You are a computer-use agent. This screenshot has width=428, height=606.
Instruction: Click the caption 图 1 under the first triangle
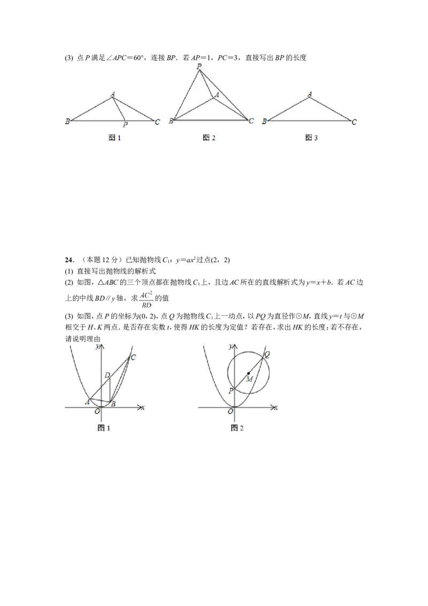(x=114, y=138)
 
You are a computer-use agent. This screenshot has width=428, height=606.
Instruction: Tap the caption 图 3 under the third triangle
(x=311, y=138)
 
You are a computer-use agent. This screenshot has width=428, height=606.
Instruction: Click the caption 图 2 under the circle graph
(x=237, y=428)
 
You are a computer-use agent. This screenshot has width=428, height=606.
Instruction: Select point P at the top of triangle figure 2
(x=200, y=66)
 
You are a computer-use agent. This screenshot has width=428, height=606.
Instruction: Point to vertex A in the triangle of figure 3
(x=310, y=94)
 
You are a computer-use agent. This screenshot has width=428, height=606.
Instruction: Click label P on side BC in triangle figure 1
(x=125, y=124)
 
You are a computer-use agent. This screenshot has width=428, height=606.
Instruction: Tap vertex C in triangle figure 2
(x=251, y=121)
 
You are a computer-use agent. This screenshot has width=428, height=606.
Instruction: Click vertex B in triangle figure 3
(x=264, y=122)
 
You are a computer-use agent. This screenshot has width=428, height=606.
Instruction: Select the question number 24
(x=69, y=260)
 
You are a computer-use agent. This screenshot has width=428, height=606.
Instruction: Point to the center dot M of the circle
(x=248, y=373)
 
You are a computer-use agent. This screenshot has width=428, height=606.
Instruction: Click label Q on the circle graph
(x=267, y=354)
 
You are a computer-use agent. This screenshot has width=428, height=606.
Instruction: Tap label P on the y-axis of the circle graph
(x=231, y=391)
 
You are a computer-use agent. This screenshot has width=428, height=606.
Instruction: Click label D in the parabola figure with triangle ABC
(x=108, y=375)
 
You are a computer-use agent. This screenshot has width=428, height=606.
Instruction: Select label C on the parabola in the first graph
(x=133, y=358)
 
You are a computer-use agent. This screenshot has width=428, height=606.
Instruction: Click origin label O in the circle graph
(x=230, y=412)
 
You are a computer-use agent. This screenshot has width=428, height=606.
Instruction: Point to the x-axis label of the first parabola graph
(x=143, y=407)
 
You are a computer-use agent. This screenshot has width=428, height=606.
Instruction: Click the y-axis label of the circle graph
(x=231, y=346)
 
